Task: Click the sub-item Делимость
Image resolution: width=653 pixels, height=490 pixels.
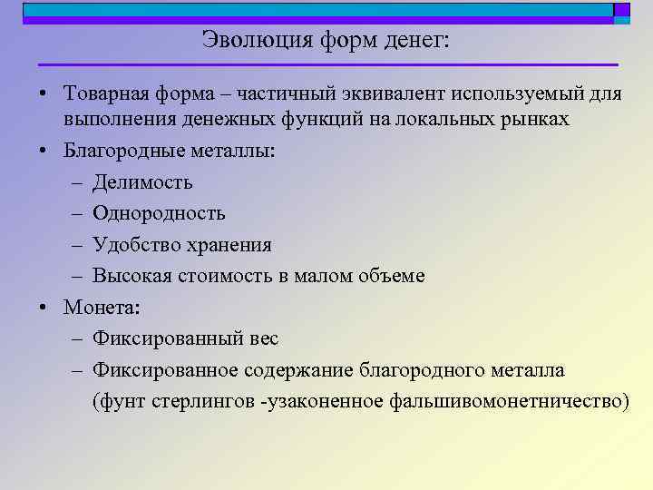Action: (x=142, y=182)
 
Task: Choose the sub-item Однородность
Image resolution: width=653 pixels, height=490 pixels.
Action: (x=159, y=213)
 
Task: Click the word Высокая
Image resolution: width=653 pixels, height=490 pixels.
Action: (x=129, y=276)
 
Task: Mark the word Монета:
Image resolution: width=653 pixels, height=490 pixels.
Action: (x=102, y=307)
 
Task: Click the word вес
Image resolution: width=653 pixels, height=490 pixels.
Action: (x=262, y=338)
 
